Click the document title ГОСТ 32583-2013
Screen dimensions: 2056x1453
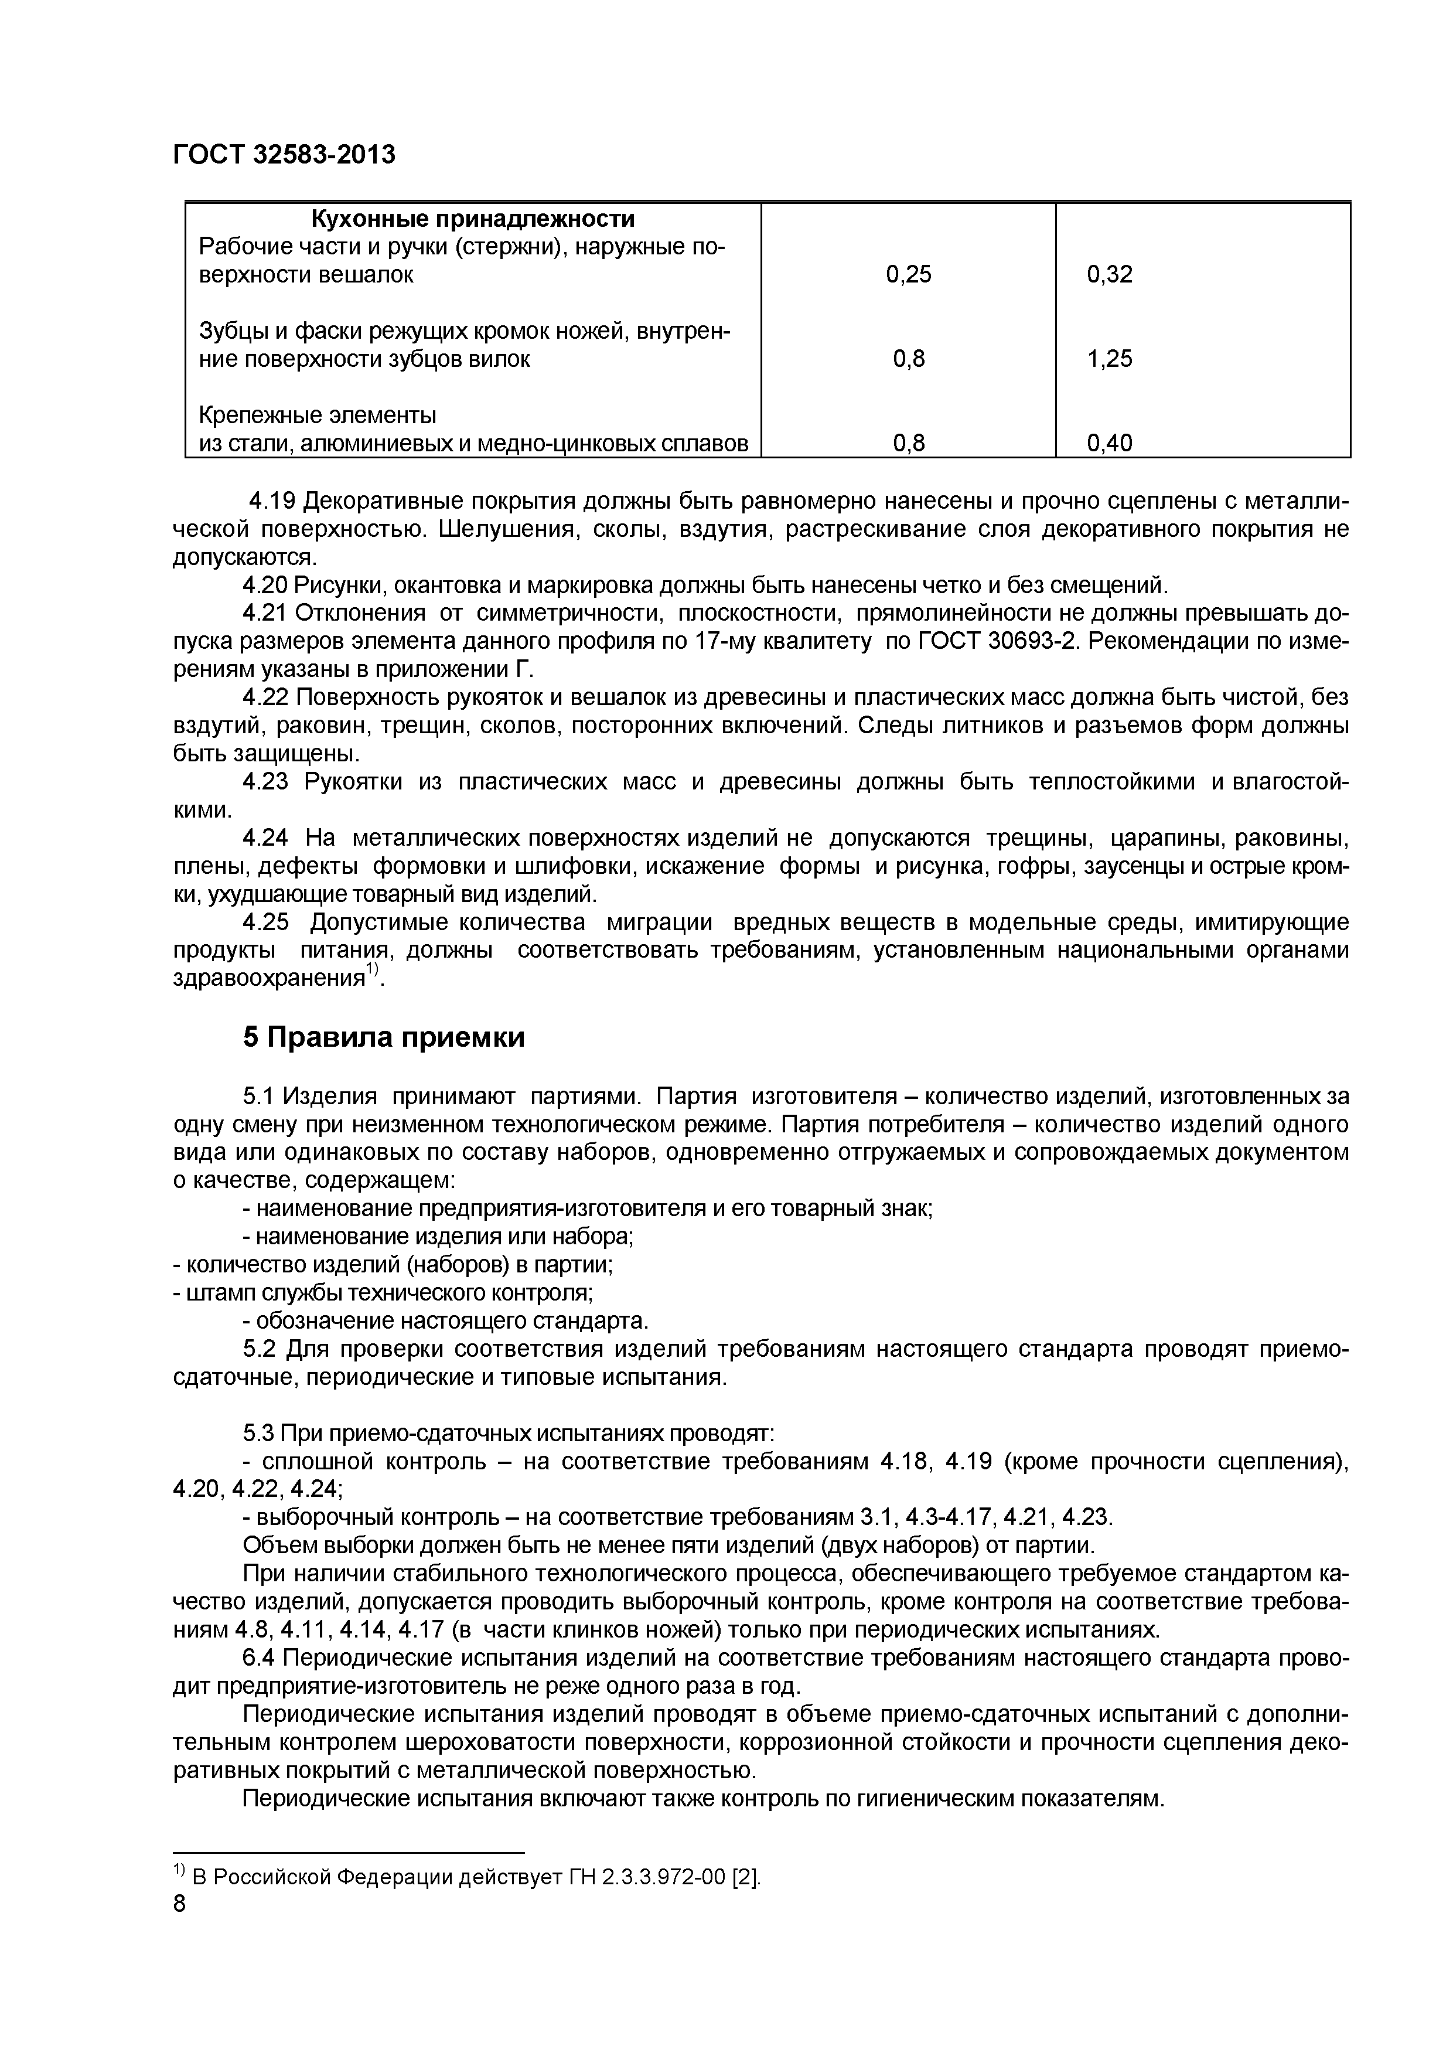[x=284, y=155]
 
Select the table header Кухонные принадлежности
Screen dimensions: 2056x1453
[x=473, y=219]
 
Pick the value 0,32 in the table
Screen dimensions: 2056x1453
[x=1109, y=275]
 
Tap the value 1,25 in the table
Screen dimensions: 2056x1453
[x=1109, y=359]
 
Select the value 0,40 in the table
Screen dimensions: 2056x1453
[x=1109, y=443]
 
